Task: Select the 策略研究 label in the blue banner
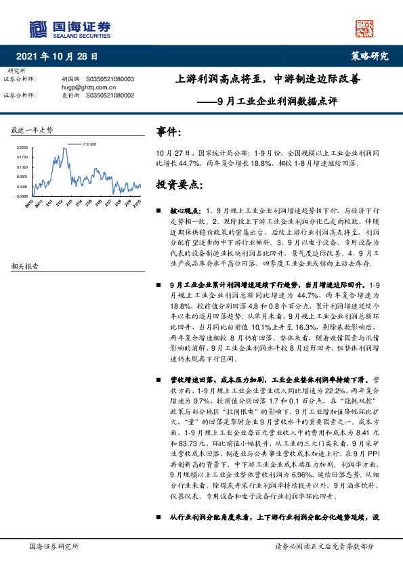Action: click(370, 57)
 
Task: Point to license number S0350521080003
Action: click(110, 79)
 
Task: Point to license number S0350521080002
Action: click(110, 95)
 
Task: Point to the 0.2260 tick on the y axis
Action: click(22, 148)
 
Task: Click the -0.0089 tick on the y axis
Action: click(22, 196)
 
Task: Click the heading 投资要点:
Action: click(179, 184)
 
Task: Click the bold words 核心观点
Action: click(184, 211)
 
